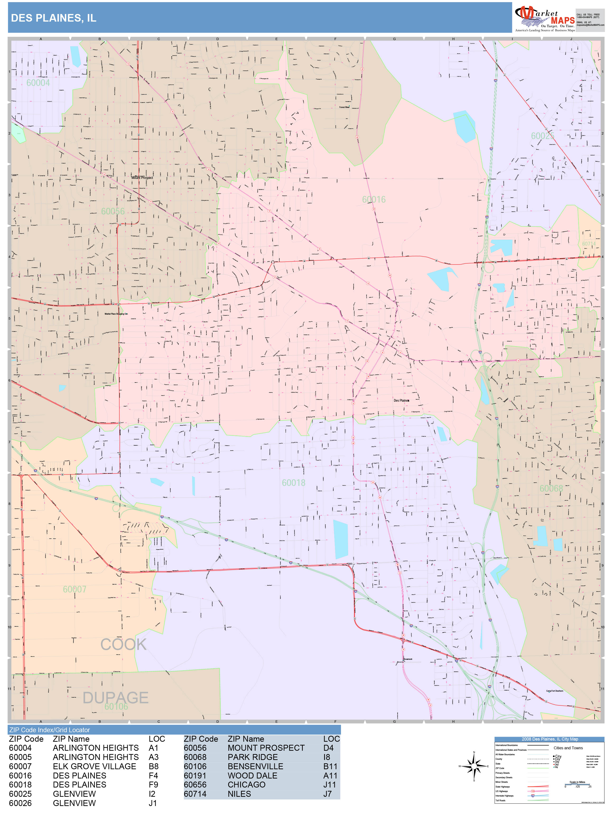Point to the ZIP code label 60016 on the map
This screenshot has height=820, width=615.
click(374, 200)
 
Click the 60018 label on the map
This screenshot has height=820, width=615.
click(294, 483)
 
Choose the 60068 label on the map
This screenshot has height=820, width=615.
click(551, 489)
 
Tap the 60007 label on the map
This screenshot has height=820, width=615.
click(75, 589)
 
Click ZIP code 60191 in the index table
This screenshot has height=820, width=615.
click(195, 776)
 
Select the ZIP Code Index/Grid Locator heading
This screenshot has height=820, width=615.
click(50, 730)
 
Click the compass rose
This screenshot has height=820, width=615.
click(474, 766)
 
